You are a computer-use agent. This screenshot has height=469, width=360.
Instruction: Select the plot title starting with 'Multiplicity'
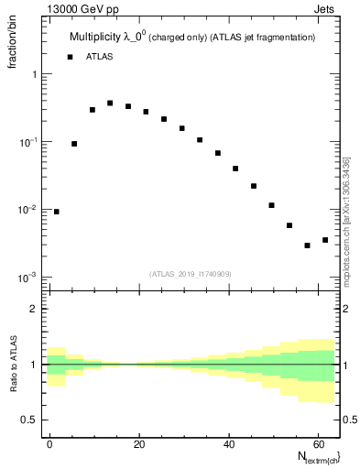tap(191, 38)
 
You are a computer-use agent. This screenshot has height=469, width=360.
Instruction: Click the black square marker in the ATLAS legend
tap(70, 57)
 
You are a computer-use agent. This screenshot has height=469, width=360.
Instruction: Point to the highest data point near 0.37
tap(110, 104)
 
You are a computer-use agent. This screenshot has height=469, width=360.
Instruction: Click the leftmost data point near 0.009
tap(57, 212)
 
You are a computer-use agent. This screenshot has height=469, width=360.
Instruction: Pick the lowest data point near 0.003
tap(307, 245)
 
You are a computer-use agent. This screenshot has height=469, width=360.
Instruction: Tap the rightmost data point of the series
tap(325, 240)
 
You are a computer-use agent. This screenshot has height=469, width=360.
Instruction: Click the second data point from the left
tap(74, 144)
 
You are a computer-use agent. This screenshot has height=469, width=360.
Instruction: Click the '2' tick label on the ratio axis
tap(33, 309)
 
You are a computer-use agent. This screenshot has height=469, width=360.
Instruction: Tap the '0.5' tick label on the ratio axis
tap(29, 420)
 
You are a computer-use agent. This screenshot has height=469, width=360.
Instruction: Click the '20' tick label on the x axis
tap(138, 442)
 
